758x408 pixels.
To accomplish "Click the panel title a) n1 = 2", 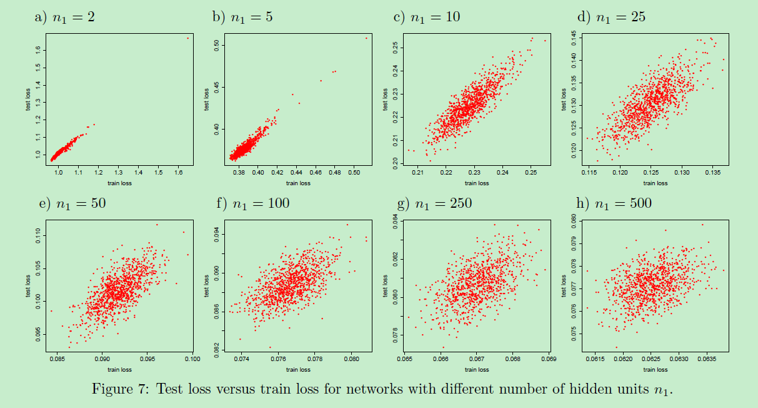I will tap(64, 17).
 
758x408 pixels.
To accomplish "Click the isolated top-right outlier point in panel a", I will tap(187, 38).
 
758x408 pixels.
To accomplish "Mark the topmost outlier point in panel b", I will tap(367, 38).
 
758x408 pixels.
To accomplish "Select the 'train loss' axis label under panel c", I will tap(477, 183).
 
